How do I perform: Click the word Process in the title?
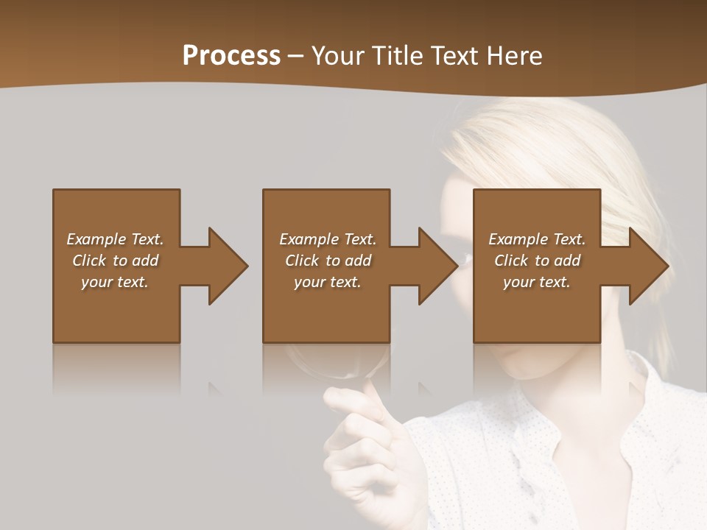tap(231, 56)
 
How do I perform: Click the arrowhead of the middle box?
tap(438, 266)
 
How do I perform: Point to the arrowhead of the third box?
tap(648, 266)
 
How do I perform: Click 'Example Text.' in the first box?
tap(115, 239)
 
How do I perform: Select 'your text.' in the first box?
tap(115, 282)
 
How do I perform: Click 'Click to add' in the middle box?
tap(328, 261)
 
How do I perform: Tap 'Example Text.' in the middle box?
tap(328, 239)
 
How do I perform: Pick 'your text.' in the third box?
tap(537, 282)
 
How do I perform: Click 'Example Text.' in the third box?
tap(537, 239)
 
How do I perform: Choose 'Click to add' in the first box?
tap(115, 261)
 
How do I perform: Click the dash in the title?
tap(296, 57)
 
